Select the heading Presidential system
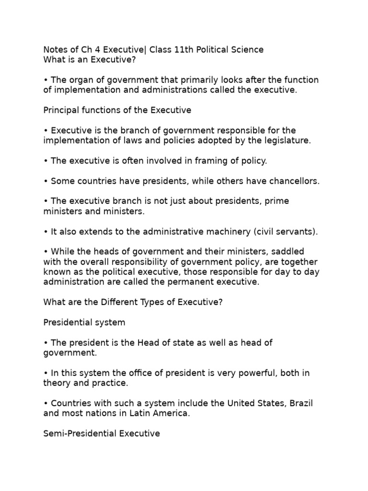point(84,322)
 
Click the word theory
point(57,383)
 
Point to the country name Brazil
point(300,403)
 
